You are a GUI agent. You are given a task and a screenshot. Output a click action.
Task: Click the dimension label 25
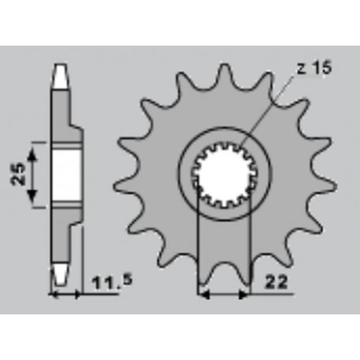18,174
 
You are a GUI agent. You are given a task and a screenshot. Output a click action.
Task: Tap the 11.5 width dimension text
112,283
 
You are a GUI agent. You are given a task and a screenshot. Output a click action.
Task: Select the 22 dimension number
277,282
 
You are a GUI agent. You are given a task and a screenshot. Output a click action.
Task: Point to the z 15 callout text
314,68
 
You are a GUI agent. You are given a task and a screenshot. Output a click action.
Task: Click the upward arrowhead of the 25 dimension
32,154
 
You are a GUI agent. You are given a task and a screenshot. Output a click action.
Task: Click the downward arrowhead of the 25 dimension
32,196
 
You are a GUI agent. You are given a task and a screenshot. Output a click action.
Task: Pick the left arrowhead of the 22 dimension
204,295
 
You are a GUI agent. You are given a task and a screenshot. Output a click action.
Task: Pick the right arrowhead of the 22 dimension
243,295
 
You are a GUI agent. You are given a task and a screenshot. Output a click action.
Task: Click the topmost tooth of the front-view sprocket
224,75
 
